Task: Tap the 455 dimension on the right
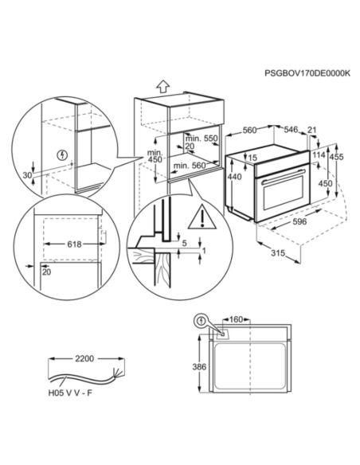coord(337,158)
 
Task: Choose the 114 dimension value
coord(319,154)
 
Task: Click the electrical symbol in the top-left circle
coord(63,154)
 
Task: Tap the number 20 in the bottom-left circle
coord(48,272)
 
